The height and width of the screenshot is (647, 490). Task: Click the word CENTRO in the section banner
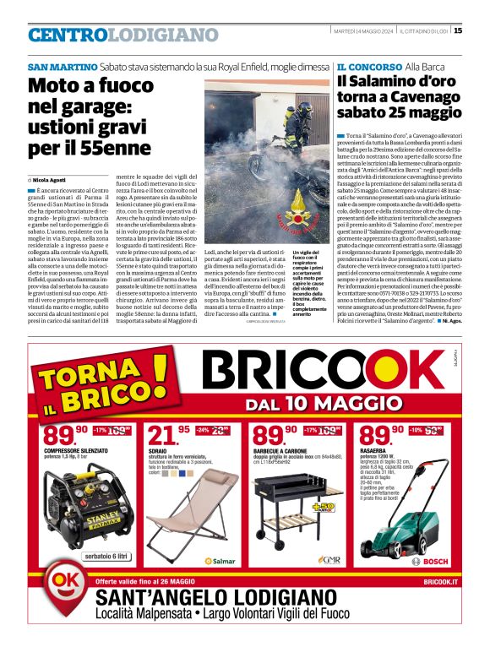[68, 35]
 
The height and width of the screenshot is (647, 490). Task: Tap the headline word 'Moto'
[55, 86]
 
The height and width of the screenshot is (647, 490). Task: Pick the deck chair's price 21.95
[168, 436]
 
